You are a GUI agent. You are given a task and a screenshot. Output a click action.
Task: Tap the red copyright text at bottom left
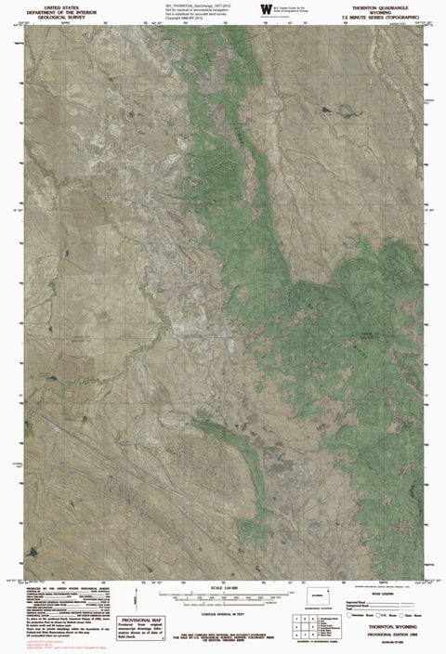click(37, 643)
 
